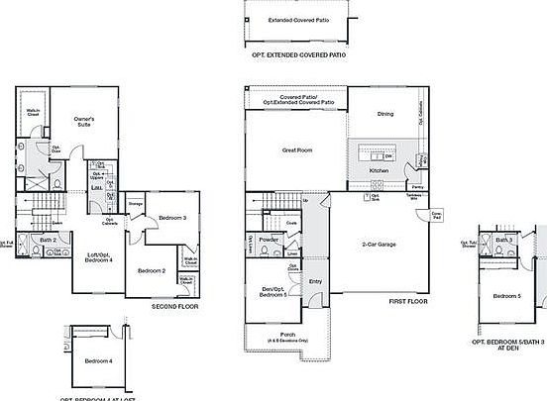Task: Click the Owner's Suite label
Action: tap(84, 122)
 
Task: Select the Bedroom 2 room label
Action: tap(151, 270)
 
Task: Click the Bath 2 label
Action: tap(48, 240)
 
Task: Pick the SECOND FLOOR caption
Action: tap(175, 307)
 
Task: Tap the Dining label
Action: tap(385, 113)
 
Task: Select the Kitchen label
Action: tap(380, 170)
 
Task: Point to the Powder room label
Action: tap(267, 239)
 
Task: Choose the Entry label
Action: tap(315, 281)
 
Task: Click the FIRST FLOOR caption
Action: tap(409, 300)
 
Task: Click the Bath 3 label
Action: tap(503, 240)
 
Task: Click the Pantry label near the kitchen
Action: tap(417, 185)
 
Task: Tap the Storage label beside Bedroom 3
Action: tap(136, 204)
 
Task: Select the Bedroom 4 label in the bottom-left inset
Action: tap(98, 361)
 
